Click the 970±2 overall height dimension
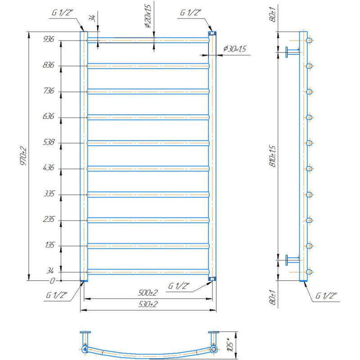[23, 156]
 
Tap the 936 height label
[49, 39]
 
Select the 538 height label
[49, 142]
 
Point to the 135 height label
[49, 245]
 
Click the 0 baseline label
[52, 281]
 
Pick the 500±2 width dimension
[148, 293]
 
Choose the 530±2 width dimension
[148, 304]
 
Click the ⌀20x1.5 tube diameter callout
[148, 16]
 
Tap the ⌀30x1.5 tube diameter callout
[234, 49]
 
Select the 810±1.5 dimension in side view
[273, 156]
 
